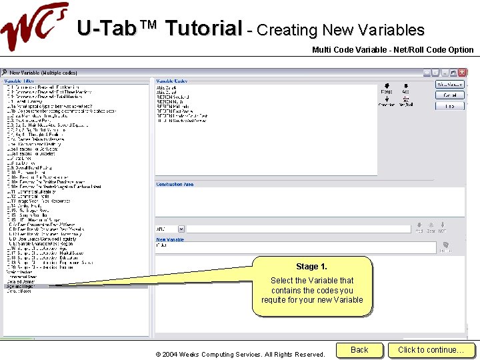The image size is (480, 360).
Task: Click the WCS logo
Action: [33, 28]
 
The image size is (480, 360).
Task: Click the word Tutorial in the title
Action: [203, 29]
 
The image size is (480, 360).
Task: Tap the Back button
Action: [359, 350]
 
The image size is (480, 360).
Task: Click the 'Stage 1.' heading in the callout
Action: [311, 267]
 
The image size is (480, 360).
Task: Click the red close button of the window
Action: [461, 72]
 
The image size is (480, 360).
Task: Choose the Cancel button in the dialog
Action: [449, 95]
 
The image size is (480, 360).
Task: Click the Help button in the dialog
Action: [449, 106]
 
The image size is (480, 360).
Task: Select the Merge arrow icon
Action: [386, 87]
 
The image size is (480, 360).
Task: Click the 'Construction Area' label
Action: [175, 184]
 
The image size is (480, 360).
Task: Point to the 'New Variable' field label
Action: [170, 239]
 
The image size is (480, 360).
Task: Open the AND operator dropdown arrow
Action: [181, 229]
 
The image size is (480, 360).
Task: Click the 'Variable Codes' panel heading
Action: [172, 81]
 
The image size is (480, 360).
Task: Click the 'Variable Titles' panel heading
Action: [19, 81]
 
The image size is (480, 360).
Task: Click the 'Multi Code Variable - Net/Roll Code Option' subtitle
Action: [393, 50]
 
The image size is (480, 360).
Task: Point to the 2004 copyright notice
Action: [240, 354]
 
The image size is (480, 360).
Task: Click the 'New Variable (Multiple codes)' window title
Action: [43, 72]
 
